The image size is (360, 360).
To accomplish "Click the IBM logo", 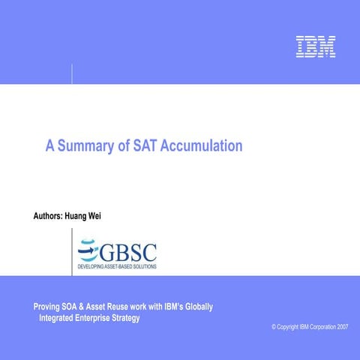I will [315, 47].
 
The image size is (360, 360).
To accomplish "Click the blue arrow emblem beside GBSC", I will [88, 249].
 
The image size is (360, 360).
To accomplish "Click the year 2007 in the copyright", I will [342, 328].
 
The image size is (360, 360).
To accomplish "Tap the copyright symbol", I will [274, 328].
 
